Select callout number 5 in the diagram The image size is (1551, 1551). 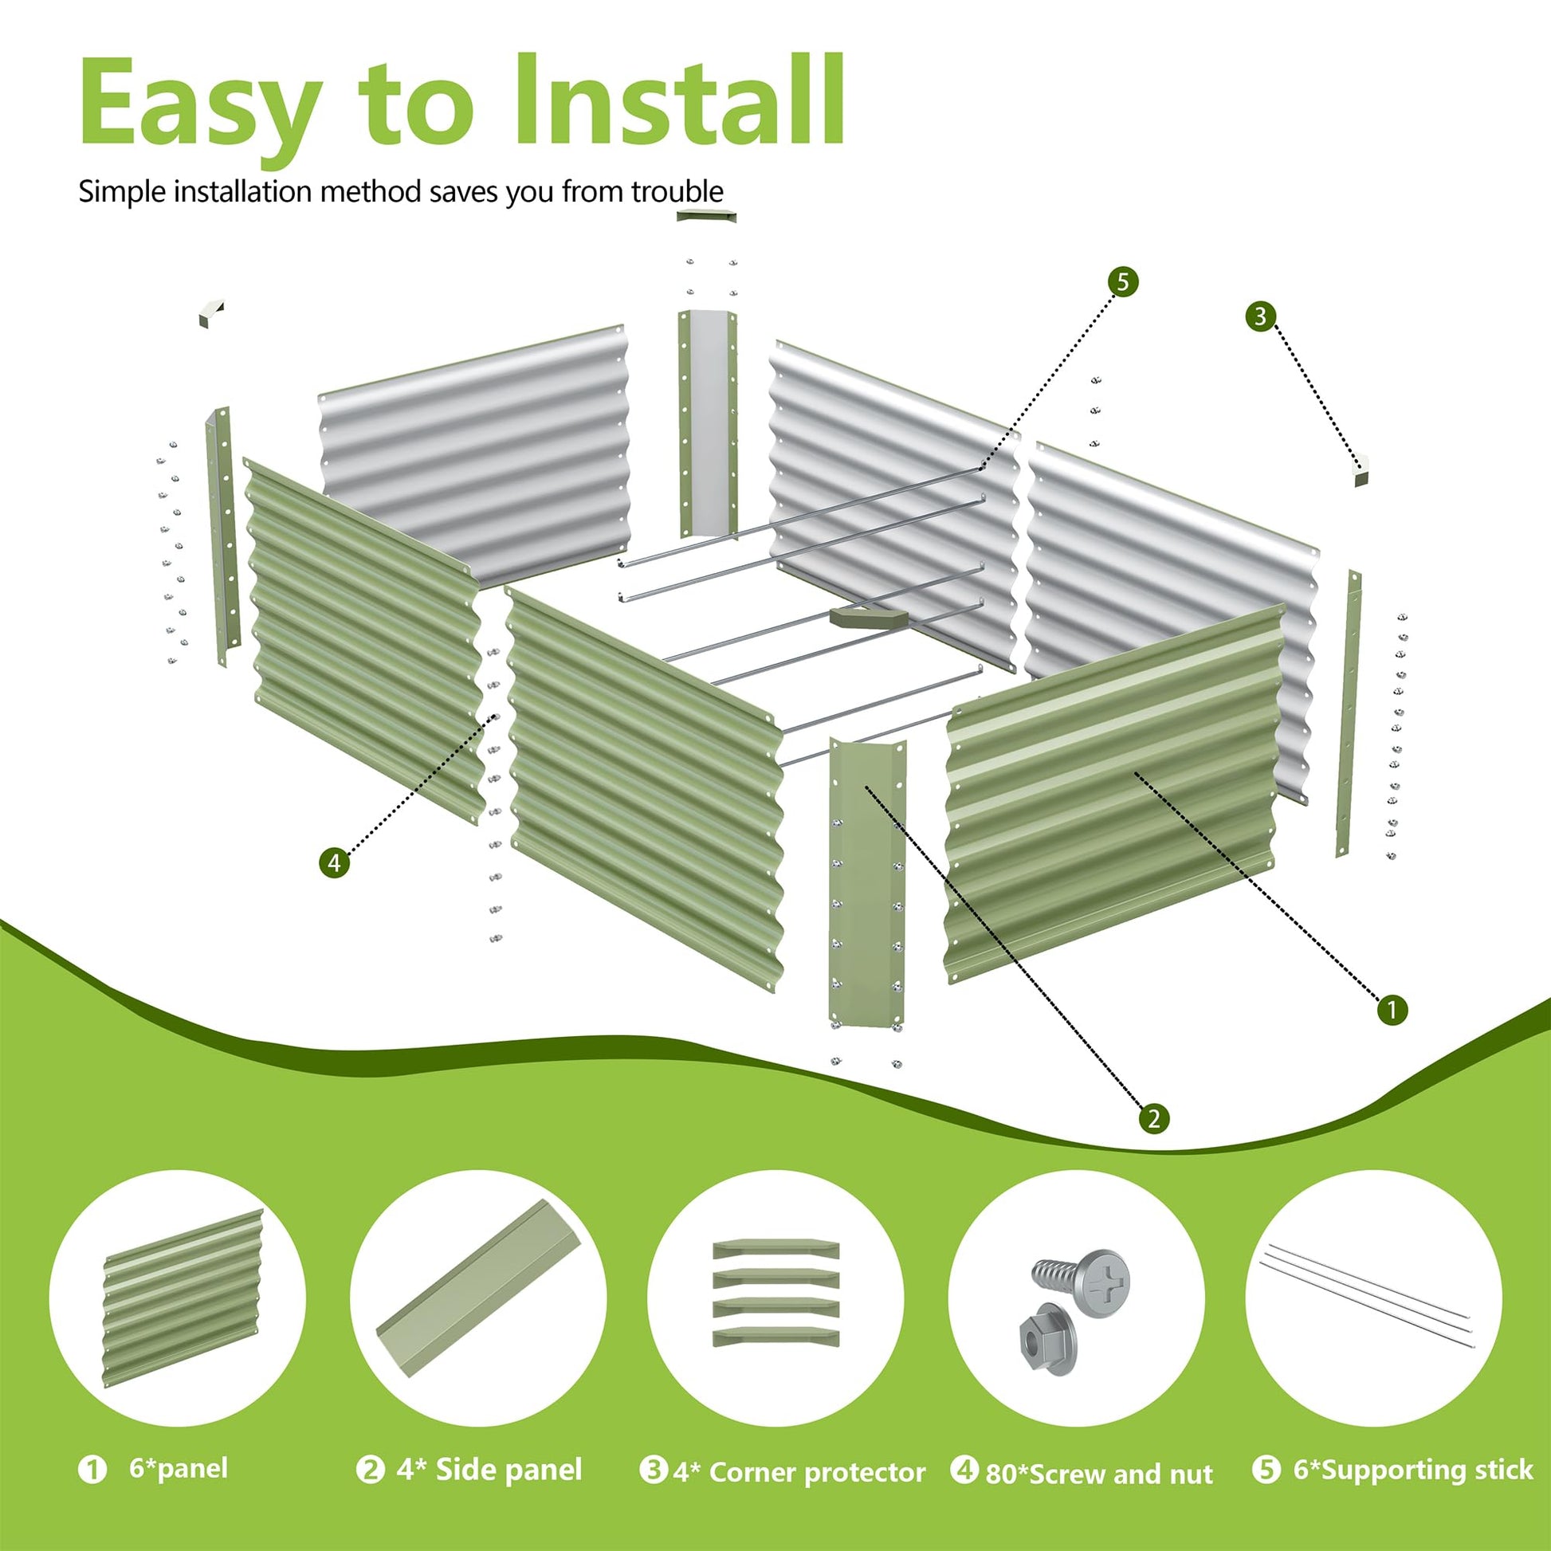click(1122, 283)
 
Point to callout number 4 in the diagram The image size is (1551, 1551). click(334, 863)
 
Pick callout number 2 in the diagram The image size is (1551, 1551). click(1153, 1118)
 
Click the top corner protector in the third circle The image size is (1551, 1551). click(776, 1249)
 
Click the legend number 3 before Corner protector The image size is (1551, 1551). click(653, 1470)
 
